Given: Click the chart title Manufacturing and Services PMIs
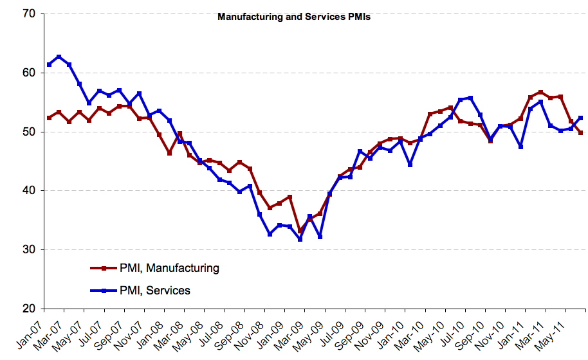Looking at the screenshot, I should pos(294,17).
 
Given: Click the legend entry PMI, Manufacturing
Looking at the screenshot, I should pos(169,268).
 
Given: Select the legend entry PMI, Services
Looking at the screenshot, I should pos(154,291).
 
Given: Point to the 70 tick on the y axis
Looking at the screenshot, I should pos(30,14).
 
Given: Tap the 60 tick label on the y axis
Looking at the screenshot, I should pos(30,73).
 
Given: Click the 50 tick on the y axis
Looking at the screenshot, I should pos(30,132).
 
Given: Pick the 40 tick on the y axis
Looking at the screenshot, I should pos(30,191).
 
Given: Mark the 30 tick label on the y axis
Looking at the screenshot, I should pos(30,250).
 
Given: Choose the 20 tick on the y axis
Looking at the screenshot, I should pos(30,309).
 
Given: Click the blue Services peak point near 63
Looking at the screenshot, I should pos(59,57).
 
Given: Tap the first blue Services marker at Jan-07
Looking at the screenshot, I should pos(50,65).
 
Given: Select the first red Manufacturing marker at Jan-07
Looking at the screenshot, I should pos(50,118).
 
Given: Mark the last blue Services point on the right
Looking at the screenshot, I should pos(581,118).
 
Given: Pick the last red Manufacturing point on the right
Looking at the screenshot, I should pos(581,132).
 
